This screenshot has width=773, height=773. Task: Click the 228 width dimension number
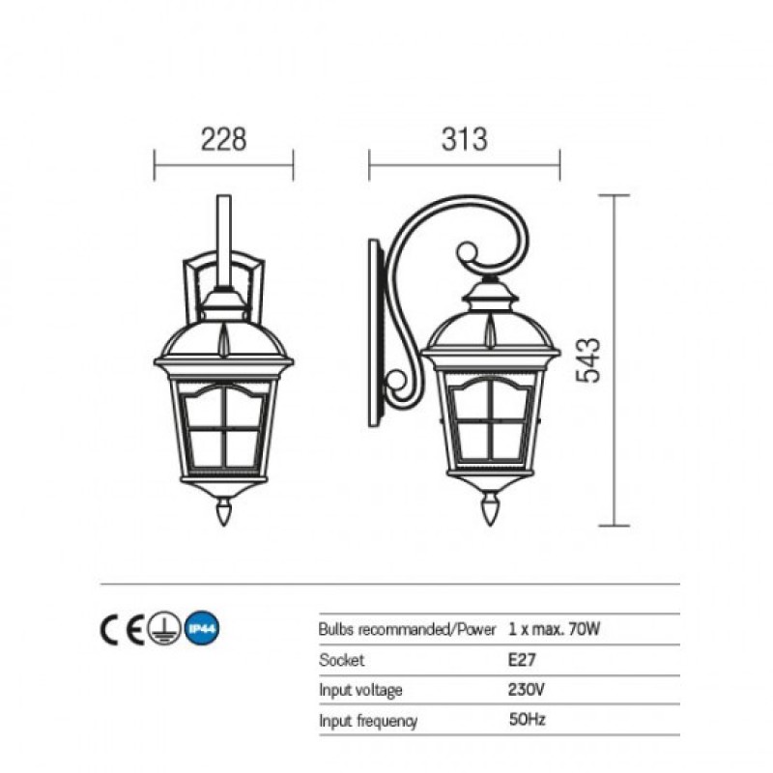click(223, 139)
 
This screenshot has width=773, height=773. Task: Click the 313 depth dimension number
click(465, 139)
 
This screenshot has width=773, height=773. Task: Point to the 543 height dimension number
click(588, 360)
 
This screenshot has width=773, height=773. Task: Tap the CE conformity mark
click(123, 630)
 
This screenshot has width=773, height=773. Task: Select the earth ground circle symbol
click(164, 629)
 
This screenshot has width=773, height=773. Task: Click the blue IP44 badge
click(202, 629)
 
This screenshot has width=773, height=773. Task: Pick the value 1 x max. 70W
click(554, 629)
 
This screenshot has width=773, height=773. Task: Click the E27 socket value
click(522, 660)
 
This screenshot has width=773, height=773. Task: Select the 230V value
click(526, 689)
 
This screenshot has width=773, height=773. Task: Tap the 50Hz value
click(527, 719)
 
